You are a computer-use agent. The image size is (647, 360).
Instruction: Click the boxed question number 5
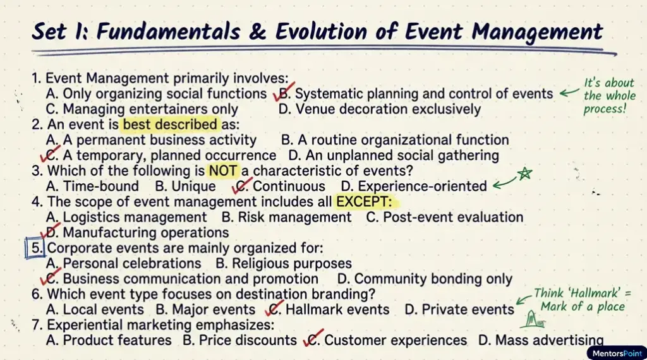point(35,248)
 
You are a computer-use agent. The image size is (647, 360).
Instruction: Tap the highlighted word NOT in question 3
point(223,171)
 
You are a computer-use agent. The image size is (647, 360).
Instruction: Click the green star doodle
point(524,174)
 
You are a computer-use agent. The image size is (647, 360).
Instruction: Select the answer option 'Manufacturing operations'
point(138,232)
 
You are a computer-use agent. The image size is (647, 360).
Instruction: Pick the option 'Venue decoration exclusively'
point(380,109)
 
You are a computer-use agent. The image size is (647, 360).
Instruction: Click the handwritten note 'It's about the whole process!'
point(608,95)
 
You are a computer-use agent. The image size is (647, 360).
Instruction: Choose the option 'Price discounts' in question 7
point(240,340)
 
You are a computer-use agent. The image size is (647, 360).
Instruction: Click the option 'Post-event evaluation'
point(445,217)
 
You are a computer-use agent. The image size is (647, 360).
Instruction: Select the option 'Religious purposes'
point(284,263)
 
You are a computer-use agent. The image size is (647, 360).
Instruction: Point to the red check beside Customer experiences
point(313,338)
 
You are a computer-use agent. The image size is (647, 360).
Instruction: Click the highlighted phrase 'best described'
point(170,124)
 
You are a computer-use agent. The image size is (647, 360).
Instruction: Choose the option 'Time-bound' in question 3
point(92,186)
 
